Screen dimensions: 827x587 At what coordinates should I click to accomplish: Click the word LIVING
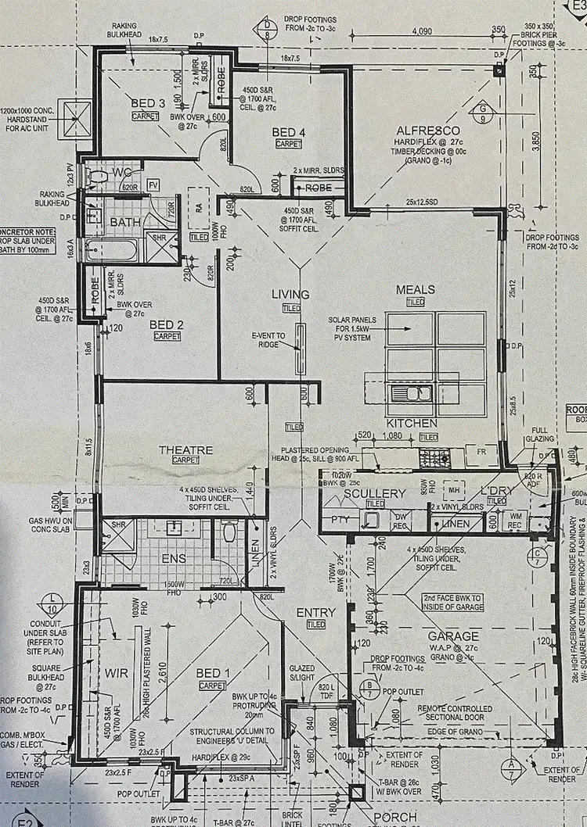[290, 295]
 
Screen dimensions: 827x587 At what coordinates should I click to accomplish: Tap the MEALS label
[416, 289]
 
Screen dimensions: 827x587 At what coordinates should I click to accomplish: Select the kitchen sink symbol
[412, 393]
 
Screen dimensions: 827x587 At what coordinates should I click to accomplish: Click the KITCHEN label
[411, 423]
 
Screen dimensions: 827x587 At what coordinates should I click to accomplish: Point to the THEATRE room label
[186, 450]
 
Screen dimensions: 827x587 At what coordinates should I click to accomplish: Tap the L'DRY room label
[496, 493]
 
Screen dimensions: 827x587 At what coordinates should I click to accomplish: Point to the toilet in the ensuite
[229, 532]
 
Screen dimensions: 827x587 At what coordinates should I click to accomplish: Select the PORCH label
[395, 817]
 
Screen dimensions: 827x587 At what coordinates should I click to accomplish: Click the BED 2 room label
[165, 324]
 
